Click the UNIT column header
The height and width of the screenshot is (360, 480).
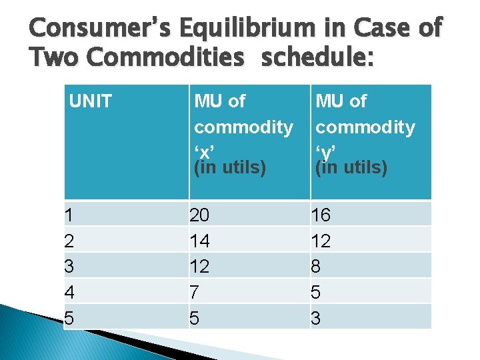coord(91,101)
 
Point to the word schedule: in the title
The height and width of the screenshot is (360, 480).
coord(319,58)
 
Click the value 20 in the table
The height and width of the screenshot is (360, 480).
coord(199,215)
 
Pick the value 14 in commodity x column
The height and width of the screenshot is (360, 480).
coord(199,241)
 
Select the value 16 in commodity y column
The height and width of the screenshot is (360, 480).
coord(321,215)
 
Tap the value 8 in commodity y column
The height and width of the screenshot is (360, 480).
coord(316,266)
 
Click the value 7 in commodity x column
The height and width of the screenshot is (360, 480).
coord(194,291)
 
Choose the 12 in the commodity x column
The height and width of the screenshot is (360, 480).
coord(199,266)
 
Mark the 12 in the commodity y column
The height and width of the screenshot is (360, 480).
coord(321,241)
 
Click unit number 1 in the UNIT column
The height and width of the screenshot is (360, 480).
coord(69,215)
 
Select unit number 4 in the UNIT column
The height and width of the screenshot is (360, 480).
coord(69,291)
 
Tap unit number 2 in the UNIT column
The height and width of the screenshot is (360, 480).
coord(69,241)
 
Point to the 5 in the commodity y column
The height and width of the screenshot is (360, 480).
coord(316,291)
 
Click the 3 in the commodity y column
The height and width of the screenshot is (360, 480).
coord(316,318)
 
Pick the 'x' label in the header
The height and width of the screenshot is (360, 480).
coord(203,147)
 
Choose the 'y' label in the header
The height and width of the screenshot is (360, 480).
coord(325,147)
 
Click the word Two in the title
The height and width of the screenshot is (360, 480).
coord(55,58)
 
